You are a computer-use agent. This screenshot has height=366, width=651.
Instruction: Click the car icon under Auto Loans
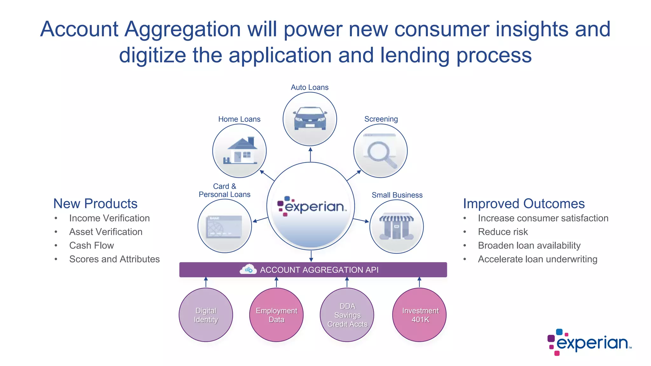tap(310, 118)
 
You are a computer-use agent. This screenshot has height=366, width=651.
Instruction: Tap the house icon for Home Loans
tap(241, 151)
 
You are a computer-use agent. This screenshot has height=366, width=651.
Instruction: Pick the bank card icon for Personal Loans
tap(224, 227)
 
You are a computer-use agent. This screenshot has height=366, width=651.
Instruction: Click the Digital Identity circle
tap(206, 315)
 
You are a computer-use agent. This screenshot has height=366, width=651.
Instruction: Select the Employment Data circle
tap(276, 315)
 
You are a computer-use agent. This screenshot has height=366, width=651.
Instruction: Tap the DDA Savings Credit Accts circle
tap(347, 315)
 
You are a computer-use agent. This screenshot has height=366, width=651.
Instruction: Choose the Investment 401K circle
tap(420, 315)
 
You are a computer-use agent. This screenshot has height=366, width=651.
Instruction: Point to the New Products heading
tap(95, 204)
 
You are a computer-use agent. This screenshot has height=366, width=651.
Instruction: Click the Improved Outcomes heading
tap(524, 204)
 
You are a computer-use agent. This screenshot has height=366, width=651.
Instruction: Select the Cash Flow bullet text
tap(92, 246)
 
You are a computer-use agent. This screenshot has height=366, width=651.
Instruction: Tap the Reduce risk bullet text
tap(503, 232)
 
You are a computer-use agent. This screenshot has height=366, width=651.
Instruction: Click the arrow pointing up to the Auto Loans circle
tap(311, 154)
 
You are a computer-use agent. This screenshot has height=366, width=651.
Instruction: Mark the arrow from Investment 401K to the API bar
tap(419, 282)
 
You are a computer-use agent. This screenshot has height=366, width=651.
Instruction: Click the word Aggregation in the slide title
tap(182, 29)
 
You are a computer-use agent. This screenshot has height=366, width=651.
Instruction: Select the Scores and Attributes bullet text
tap(114, 259)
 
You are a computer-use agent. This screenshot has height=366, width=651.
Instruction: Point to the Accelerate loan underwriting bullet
tap(538, 259)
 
